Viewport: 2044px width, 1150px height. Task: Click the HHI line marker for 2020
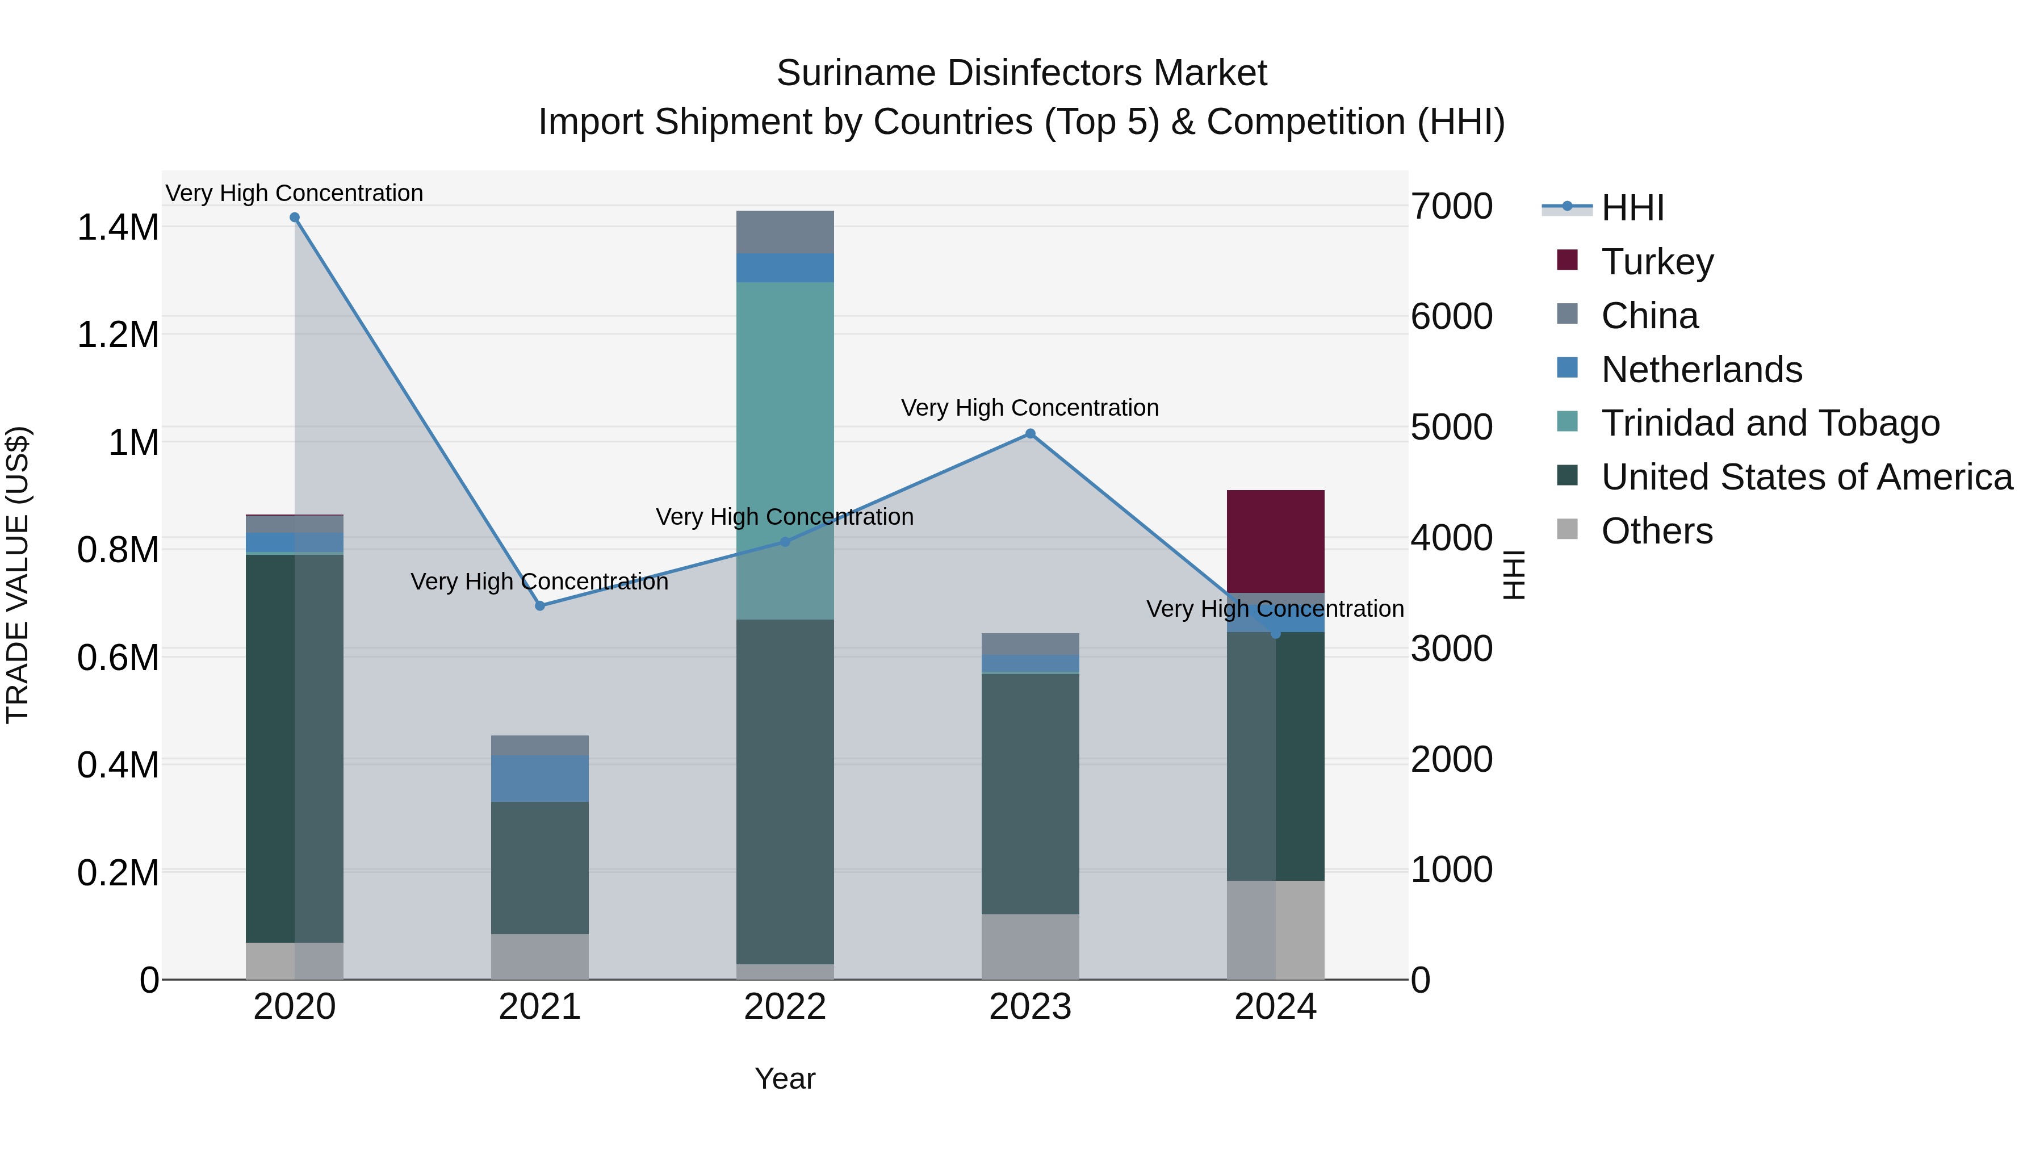click(x=294, y=218)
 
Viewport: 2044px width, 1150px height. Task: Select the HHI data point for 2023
click(x=1030, y=433)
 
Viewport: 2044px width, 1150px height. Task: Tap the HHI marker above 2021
click(x=539, y=605)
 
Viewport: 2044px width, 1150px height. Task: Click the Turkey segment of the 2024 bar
click(x=1275, y=541)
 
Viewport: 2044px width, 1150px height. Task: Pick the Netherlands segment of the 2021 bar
click(x=539, y=778)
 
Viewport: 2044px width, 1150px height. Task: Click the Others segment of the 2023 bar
click(x=1030, y=946)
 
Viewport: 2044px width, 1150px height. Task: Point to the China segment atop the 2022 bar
click(x=785, y=232)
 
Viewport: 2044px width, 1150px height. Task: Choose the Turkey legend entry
click(x=1657, y=262)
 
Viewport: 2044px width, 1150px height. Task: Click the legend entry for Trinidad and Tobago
click(x=1769, y=423)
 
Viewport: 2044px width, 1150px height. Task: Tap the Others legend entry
click(x=1656, y=531)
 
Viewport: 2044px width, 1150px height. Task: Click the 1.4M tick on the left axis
click(x=118, y=228)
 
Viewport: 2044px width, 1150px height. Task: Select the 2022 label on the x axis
click(x=785, y=1007)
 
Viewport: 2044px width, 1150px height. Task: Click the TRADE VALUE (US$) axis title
click(x=18, y=575)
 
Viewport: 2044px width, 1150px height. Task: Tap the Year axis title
click(x=785, y=1078)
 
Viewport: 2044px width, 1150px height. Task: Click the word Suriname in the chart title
click(x=856, y=73)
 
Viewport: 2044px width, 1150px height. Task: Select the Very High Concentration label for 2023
click(x=1029, y=408)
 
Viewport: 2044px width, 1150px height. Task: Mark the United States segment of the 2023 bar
click(x=1030, y=794)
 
